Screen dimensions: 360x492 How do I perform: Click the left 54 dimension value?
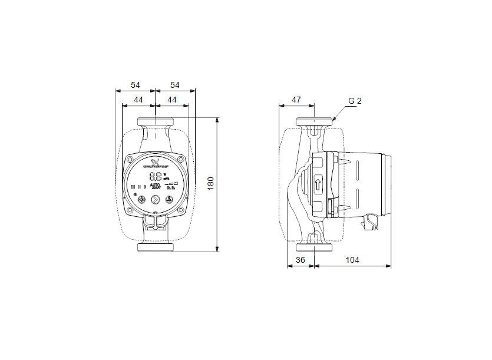[x=136, y=85]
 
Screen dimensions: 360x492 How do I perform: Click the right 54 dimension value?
[x=174, y=85]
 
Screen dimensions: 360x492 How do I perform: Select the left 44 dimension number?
[x=138, y=100]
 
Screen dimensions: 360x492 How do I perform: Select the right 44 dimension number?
[x=171, y=100]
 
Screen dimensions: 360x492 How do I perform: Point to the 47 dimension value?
[x=296, y=100]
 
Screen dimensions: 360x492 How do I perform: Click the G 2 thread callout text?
[x=355, y=101]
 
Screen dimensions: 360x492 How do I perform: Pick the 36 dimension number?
[x=300, y=260]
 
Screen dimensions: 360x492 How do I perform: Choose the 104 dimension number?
[x=352, y=260]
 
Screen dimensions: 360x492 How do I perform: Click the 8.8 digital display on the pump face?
[x=156, y=176]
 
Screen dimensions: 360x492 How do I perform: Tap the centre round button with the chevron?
[x=156, y=200]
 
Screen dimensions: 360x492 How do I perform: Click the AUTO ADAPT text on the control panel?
[x=156, y=187]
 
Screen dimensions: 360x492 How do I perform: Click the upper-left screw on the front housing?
[x=130, y=158]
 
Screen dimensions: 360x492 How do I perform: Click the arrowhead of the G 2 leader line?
[x=333, y=120]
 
